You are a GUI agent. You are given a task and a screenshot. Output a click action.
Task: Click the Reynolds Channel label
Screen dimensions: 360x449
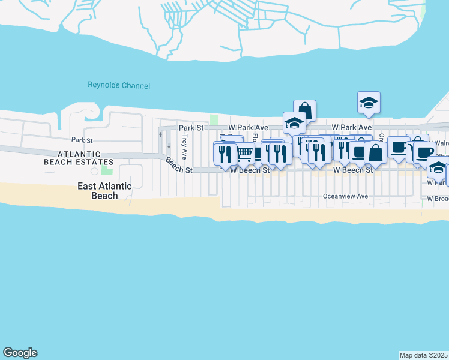click(119, 86)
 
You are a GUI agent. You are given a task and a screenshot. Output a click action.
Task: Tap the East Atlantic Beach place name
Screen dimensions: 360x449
click(104, 191)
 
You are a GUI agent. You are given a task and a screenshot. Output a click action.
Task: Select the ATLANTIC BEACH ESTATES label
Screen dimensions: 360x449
click(79, 158)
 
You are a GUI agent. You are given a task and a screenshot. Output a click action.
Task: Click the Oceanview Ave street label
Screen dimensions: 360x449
click(345, 196)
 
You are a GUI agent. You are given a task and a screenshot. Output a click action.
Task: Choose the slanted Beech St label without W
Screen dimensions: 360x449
click(179, 166)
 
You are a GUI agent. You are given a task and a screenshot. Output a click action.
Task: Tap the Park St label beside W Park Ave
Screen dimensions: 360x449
click(191, 128)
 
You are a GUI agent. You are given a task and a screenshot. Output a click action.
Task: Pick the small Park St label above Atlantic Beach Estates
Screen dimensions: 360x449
click(82, 140)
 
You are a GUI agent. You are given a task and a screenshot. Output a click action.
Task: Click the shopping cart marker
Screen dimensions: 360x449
click(244, 154)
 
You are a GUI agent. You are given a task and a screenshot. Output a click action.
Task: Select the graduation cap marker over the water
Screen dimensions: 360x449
click(369, 104)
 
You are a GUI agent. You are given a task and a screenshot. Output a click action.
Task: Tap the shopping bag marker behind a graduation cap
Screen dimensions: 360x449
click(304, 110)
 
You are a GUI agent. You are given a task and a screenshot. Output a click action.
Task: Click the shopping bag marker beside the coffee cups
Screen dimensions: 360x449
click(375, 153)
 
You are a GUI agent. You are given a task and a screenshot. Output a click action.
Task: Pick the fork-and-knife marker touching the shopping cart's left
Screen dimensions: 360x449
click(225, 154)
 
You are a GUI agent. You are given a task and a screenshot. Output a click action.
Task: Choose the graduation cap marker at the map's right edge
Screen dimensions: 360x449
click(438, 171)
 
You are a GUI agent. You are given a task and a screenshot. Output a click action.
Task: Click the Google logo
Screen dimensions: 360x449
click(20, 353)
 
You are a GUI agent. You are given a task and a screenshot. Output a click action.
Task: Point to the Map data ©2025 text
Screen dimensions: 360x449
click(424, 355)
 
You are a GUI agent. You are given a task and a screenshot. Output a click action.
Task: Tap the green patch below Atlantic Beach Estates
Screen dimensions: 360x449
click(106, 172)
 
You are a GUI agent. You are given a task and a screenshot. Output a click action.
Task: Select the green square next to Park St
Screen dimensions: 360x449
click(214, 120)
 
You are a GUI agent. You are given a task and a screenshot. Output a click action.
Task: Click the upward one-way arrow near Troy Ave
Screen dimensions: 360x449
click(160, 134)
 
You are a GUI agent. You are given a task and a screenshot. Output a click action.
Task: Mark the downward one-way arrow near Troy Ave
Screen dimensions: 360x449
click(169, 145)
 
